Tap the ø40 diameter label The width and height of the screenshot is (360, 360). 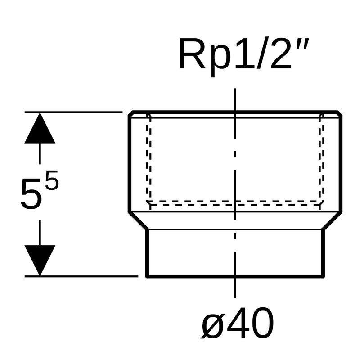(x=237, y=324)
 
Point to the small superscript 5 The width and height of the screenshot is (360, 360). (x=52, y=182)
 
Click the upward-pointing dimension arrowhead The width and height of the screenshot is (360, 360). (x=40, y=129)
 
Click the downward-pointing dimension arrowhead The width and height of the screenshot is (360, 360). (x=40, y=259)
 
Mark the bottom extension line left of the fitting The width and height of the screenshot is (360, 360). (x=81, y=276)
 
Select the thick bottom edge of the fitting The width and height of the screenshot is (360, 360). (x=234, y=275)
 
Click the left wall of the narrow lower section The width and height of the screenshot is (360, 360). (x=147, y=252)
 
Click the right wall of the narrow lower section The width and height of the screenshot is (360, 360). (x=322, y=252)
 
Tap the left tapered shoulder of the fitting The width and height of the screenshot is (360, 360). (x=138, y=221)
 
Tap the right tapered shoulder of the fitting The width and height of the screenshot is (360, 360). (x=332, y=221)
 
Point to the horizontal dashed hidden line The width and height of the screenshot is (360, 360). (x=234, y=202)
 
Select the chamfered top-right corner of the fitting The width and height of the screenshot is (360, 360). (x=339, y=113)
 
